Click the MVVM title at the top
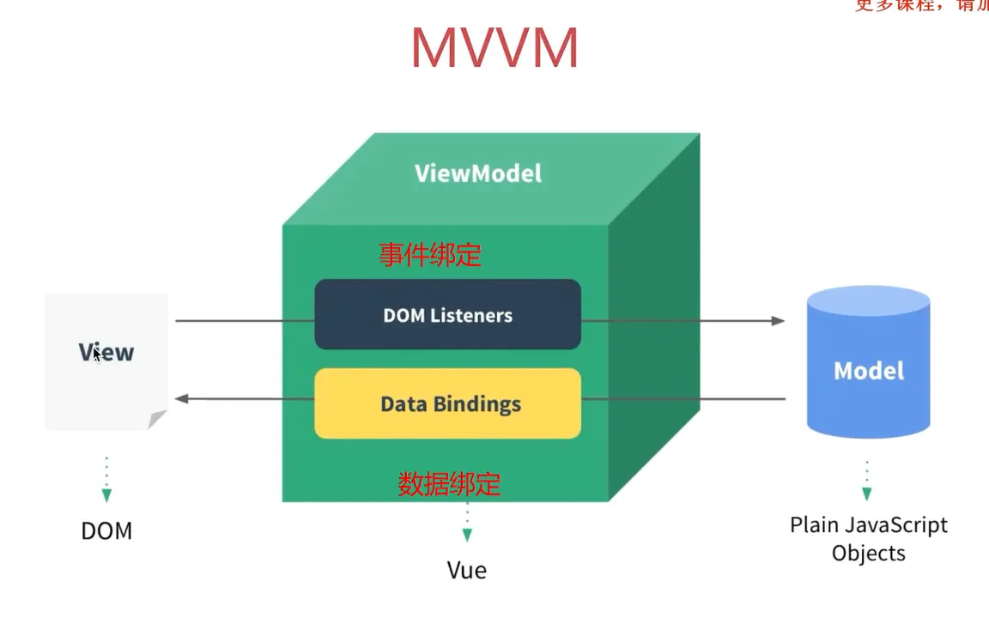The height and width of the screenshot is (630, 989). click(494, 48)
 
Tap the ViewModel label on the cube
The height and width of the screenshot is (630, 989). click(478, 173)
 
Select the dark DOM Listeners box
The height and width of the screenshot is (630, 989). click(447, 315)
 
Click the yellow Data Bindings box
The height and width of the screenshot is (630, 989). click(447, 403)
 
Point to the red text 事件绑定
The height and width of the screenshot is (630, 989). click(430, 255)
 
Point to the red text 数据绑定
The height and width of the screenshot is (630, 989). click(449, 484)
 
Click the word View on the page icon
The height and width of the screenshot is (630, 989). click(106, 352)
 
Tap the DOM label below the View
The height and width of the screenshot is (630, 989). click(106, 530)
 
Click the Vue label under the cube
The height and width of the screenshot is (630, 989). click(466, 570)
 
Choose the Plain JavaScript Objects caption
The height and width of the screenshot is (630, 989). click(869, 538)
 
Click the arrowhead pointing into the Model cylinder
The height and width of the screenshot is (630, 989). click(778, 321)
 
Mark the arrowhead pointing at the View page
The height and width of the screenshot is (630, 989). click(181, 398)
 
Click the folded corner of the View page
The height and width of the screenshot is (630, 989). click(156, 419)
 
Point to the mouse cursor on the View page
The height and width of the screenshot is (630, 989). click(98, 353)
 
